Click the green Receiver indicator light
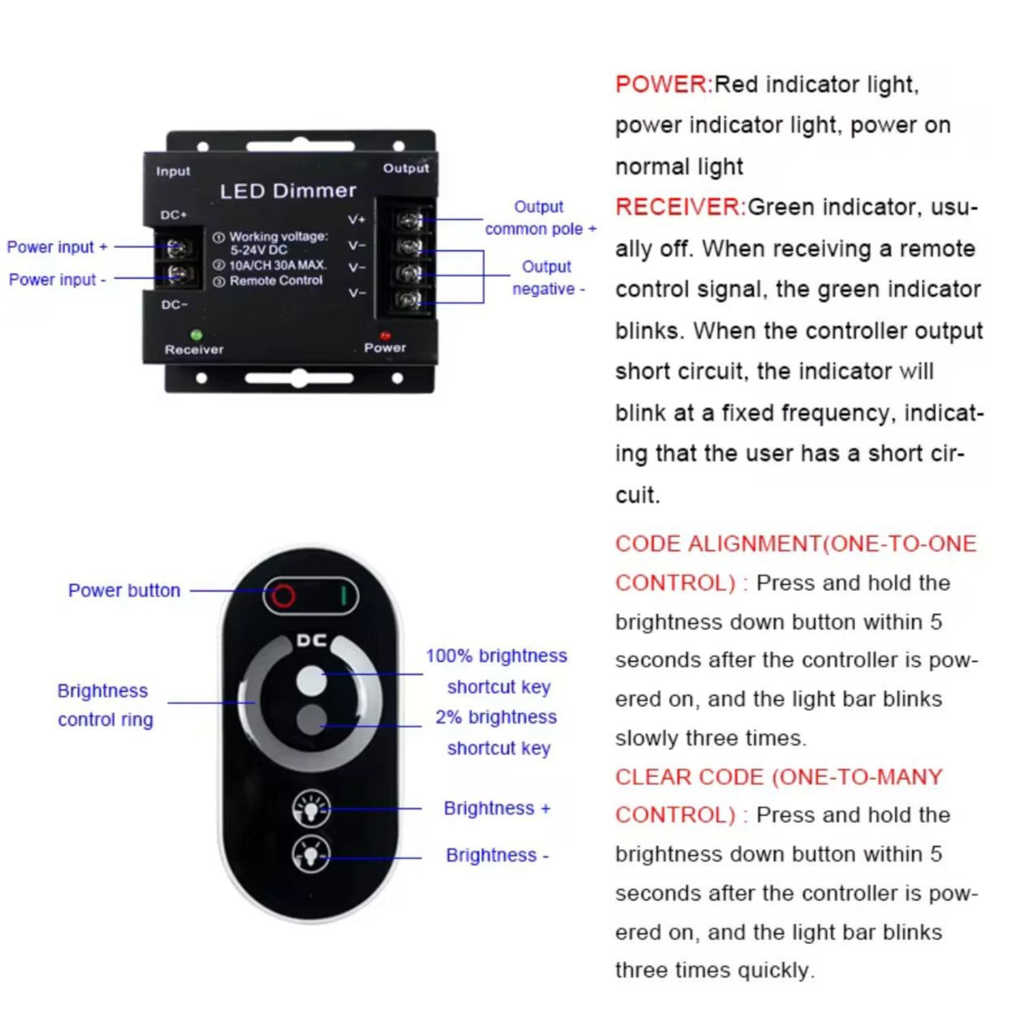tap(195, 334)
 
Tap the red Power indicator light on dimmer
tap(385, 335)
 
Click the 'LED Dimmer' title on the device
tap(288, 191)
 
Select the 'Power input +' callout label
tap(57, 247)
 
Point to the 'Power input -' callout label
tap(57, 280)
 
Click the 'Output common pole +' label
tap(540, 218)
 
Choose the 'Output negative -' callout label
tap(548, 277)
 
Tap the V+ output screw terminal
tap(410, 220)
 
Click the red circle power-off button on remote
tap(283, 596)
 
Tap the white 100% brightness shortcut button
tap(311, 680)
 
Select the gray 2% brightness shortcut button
tap(311, 719)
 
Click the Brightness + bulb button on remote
tap(311, 808)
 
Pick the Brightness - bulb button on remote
tap(311, 854)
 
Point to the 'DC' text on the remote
tap(311, 640)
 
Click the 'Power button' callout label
tap(124, 590)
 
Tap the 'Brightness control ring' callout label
tap(104, 705)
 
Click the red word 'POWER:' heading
tap(664, 84)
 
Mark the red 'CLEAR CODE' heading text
tap(689, 777)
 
